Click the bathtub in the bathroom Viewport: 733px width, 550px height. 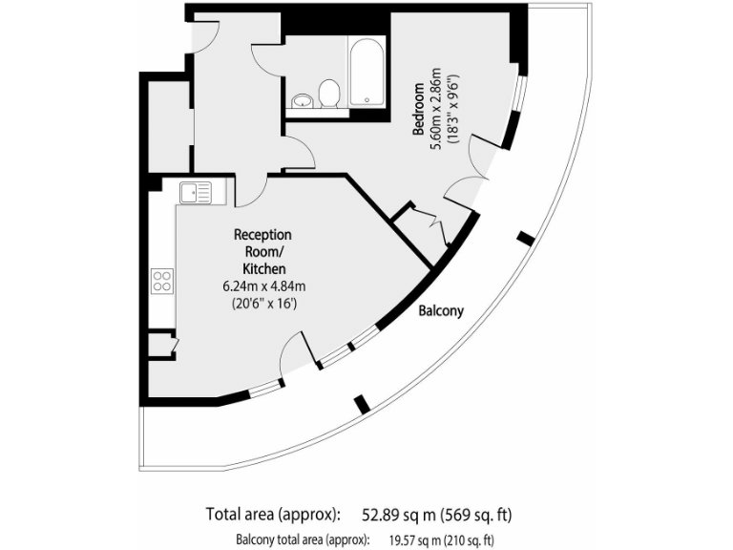click(367, 72)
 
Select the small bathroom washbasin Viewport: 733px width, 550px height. click(303, 99)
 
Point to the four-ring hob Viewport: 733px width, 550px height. click(162, 281)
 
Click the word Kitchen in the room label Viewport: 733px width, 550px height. click(264, 269)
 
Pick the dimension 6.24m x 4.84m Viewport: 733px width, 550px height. click(264, 286)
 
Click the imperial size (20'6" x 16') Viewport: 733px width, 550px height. click(264, 305)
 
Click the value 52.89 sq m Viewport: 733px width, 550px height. click(398, 515)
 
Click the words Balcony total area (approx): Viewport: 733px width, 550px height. click(303, 539)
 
